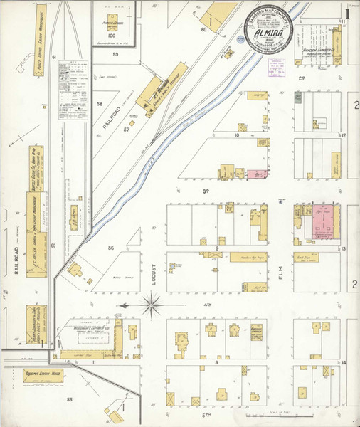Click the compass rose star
152,306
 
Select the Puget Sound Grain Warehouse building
40,34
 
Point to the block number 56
111,248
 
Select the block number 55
70,400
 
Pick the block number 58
100,104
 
